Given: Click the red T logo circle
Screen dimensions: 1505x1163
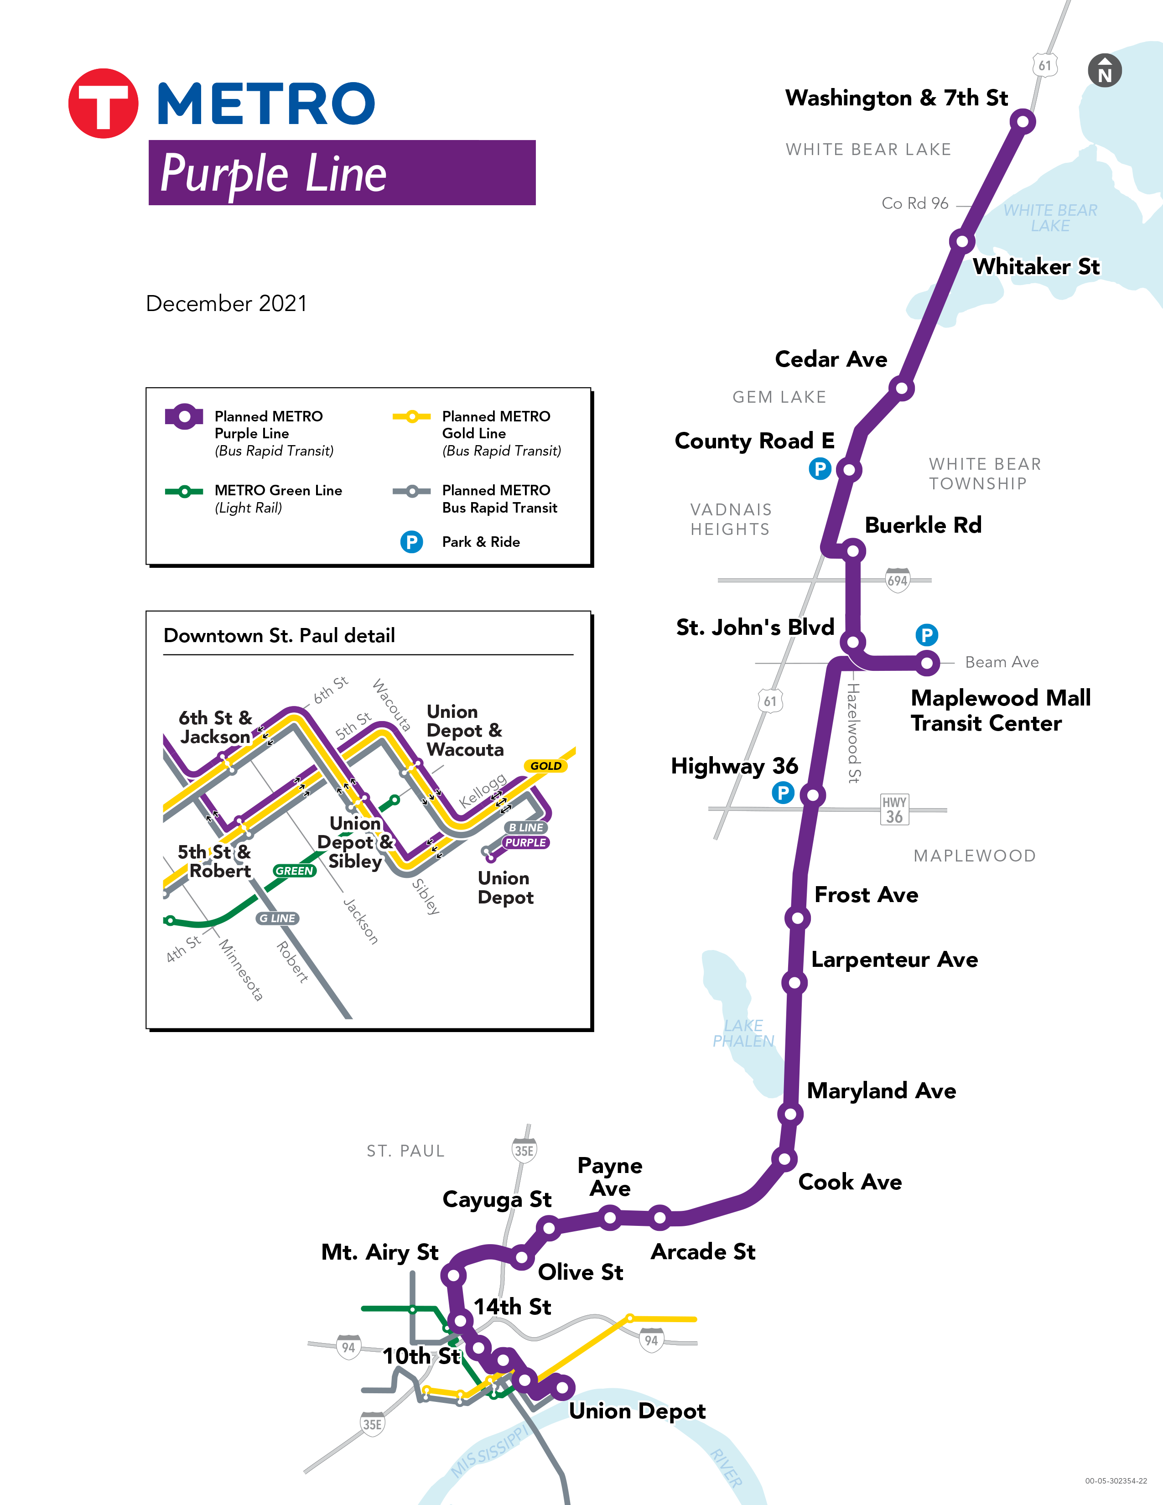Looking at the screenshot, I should [x=104, y=104].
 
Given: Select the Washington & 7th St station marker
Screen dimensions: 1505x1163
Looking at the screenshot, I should [x=1023, y=122].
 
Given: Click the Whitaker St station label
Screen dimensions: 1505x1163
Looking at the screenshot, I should [x=1036, y=267].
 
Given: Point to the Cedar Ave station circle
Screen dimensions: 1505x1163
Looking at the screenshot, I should [x=901, y=389].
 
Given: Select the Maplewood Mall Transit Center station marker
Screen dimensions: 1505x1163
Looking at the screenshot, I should [x=927, y=663].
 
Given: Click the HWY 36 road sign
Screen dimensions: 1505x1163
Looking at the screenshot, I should [x=894, y=810].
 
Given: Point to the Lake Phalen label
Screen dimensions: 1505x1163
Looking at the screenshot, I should [x=743, y=1033].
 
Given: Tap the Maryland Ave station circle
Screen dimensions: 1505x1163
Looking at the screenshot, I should [x=790, y=1114].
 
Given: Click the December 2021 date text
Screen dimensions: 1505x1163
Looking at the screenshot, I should [x=226, y=303].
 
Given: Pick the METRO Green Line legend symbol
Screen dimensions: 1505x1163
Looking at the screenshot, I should [x=184, y=491].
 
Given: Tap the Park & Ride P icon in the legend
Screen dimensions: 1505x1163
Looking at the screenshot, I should [x=411, y=542].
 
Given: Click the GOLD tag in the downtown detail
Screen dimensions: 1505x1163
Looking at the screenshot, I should [x=545, y=766].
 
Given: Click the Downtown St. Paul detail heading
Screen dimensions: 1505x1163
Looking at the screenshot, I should [x=279, y=635].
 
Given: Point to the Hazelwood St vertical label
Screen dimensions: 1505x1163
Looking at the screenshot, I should [x=854, y=732].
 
